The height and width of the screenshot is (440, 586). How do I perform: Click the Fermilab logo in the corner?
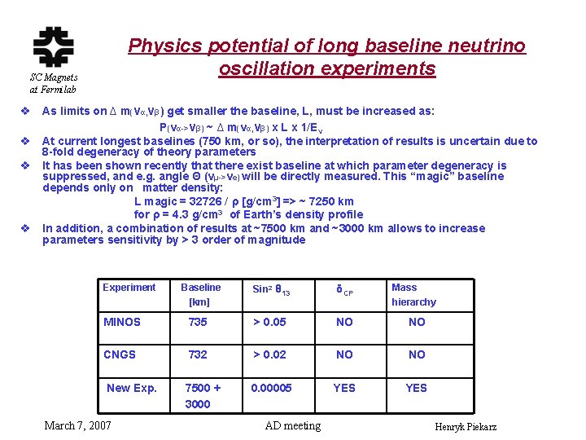coord(53,46)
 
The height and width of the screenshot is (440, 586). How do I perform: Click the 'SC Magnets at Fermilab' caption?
coord(53,83)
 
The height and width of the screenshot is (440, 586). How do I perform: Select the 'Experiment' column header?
coord(129,288)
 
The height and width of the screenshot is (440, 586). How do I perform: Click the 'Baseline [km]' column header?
coord(200,294)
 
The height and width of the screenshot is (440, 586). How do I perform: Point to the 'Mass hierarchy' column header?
coord(413,294)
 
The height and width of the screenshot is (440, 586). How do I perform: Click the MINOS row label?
coord(122,322)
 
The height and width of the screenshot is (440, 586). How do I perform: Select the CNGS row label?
coord(120,354)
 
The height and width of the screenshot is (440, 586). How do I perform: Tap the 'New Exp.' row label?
coord(132,388)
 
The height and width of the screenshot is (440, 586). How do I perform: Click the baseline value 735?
coord(198,322)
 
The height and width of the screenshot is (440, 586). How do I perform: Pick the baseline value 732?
coord(198,354)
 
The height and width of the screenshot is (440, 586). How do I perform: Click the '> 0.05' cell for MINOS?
coord(269,322)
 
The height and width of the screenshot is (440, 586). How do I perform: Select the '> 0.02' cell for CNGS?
coord(269,354)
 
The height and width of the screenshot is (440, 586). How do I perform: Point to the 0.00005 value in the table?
coord(272,388)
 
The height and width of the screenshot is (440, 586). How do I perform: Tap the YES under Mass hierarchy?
coord(416,388)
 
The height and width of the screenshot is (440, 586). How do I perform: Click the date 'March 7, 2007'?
coord(78,425)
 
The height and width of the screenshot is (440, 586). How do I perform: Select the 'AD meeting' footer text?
coord(293,425)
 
